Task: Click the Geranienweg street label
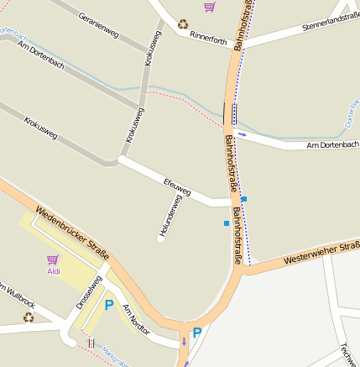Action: click(98, 25)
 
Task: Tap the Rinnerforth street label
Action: click(208, 38)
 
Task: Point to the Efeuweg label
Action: click(177, 183)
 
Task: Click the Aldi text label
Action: click(54, 271)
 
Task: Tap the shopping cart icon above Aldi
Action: click(53, 260)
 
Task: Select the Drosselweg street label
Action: click(88, 292)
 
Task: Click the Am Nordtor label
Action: click(136, 320)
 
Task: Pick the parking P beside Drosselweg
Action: click(108, 306)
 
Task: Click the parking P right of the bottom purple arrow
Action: click(197, 333)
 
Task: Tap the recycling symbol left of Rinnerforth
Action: click(182, 24)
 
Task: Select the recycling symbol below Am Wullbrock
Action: click(28, 317)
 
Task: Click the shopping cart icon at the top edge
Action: click(209, 7)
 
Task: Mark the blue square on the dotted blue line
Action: click(243, 198)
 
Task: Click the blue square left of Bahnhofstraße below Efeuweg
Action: click(226, 223)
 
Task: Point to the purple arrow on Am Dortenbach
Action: click(243, 134)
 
